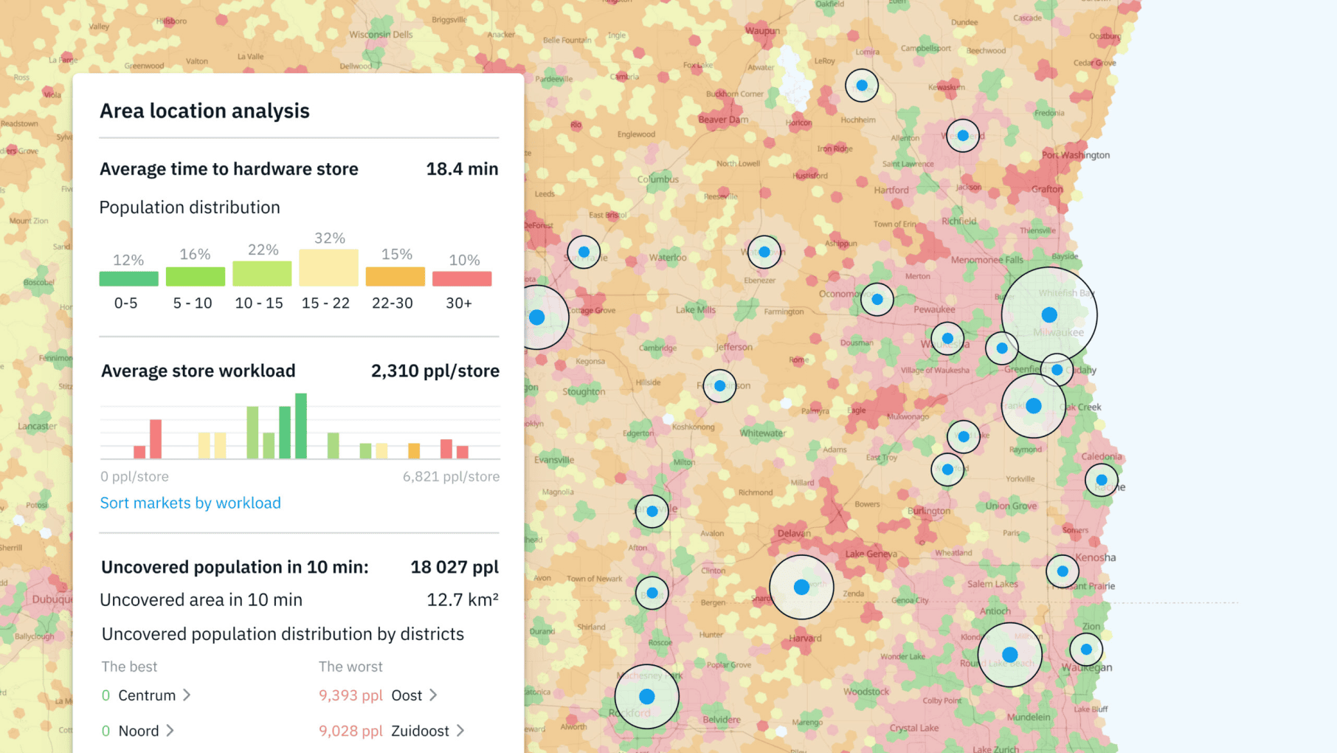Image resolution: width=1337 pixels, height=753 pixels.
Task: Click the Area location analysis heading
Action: [x=204, y=111]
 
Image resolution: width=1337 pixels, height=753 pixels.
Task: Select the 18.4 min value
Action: [x=462, y=169]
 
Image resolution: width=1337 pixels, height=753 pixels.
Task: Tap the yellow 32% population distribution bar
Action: [x=328, y=267]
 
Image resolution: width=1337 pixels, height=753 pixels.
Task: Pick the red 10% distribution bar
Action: [x=462, y=278]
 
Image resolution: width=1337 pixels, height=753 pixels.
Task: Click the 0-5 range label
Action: [x=125, y=303]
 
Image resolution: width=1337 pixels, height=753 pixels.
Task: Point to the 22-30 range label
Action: [x=392, y=303]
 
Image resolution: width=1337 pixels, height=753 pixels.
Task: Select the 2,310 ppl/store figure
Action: [x=435, y=371]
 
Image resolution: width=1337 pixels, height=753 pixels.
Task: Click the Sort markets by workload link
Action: [x=190, y=503]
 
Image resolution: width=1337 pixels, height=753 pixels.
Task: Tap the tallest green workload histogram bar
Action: [x=301, y=426]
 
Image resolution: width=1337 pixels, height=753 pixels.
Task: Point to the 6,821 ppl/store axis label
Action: [x=451, y=477]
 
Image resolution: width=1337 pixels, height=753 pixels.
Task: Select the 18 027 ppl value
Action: [x=455, y=567]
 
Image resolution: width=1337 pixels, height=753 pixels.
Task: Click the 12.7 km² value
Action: [x=462, y=600]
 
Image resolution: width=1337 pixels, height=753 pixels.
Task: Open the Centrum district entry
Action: [x=147, y=695]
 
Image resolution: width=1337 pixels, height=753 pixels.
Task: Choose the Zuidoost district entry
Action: [x=420, y=731]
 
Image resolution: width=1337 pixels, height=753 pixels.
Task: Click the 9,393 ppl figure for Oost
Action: [x=350, y=695]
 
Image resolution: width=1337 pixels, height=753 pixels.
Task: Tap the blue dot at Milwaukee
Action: [x=1048, y=315]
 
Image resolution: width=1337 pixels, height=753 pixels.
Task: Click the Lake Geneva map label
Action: [x=871, y=554]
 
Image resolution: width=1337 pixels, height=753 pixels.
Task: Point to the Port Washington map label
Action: [x=1075, y=155]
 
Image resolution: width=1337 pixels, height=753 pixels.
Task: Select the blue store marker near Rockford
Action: [x=647, y=696]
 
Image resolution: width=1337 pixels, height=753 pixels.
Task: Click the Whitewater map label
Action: [x=762, y=433]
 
